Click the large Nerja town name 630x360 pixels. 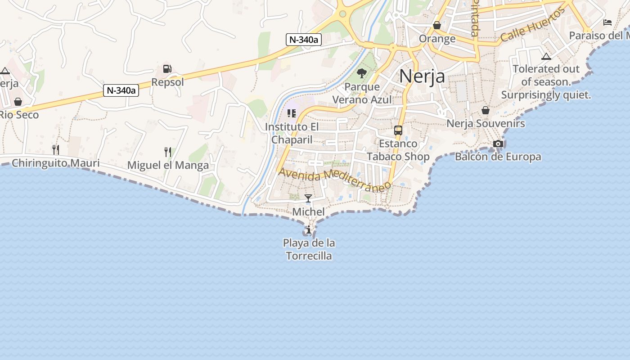tap(422, 76)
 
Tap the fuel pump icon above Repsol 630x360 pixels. tap(167, 69)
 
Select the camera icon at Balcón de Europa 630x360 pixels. tap(498, 144)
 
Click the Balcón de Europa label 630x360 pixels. tap(498, 157)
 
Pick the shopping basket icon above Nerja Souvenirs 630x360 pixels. tap(486, 110)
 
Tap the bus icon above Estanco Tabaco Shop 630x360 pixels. tap(398, 130)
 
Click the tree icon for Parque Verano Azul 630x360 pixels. tap(361, 73)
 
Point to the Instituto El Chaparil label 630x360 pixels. tap(292, 133)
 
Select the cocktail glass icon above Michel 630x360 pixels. tap(308, 198)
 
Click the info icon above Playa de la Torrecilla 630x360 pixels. tap(309, 230)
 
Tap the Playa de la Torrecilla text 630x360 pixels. tap(309, 249)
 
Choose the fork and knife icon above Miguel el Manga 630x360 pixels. tap(168, 152)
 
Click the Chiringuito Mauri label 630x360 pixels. tap(55, 163)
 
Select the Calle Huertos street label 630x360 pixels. tap(532, 25)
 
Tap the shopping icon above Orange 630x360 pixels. tap(437, 25)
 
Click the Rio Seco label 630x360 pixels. tap(19, 115)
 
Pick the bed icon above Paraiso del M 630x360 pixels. tap(607, 22)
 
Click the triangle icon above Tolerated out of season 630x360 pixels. tap(546, 57)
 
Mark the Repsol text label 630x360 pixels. tap(167, 82)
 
